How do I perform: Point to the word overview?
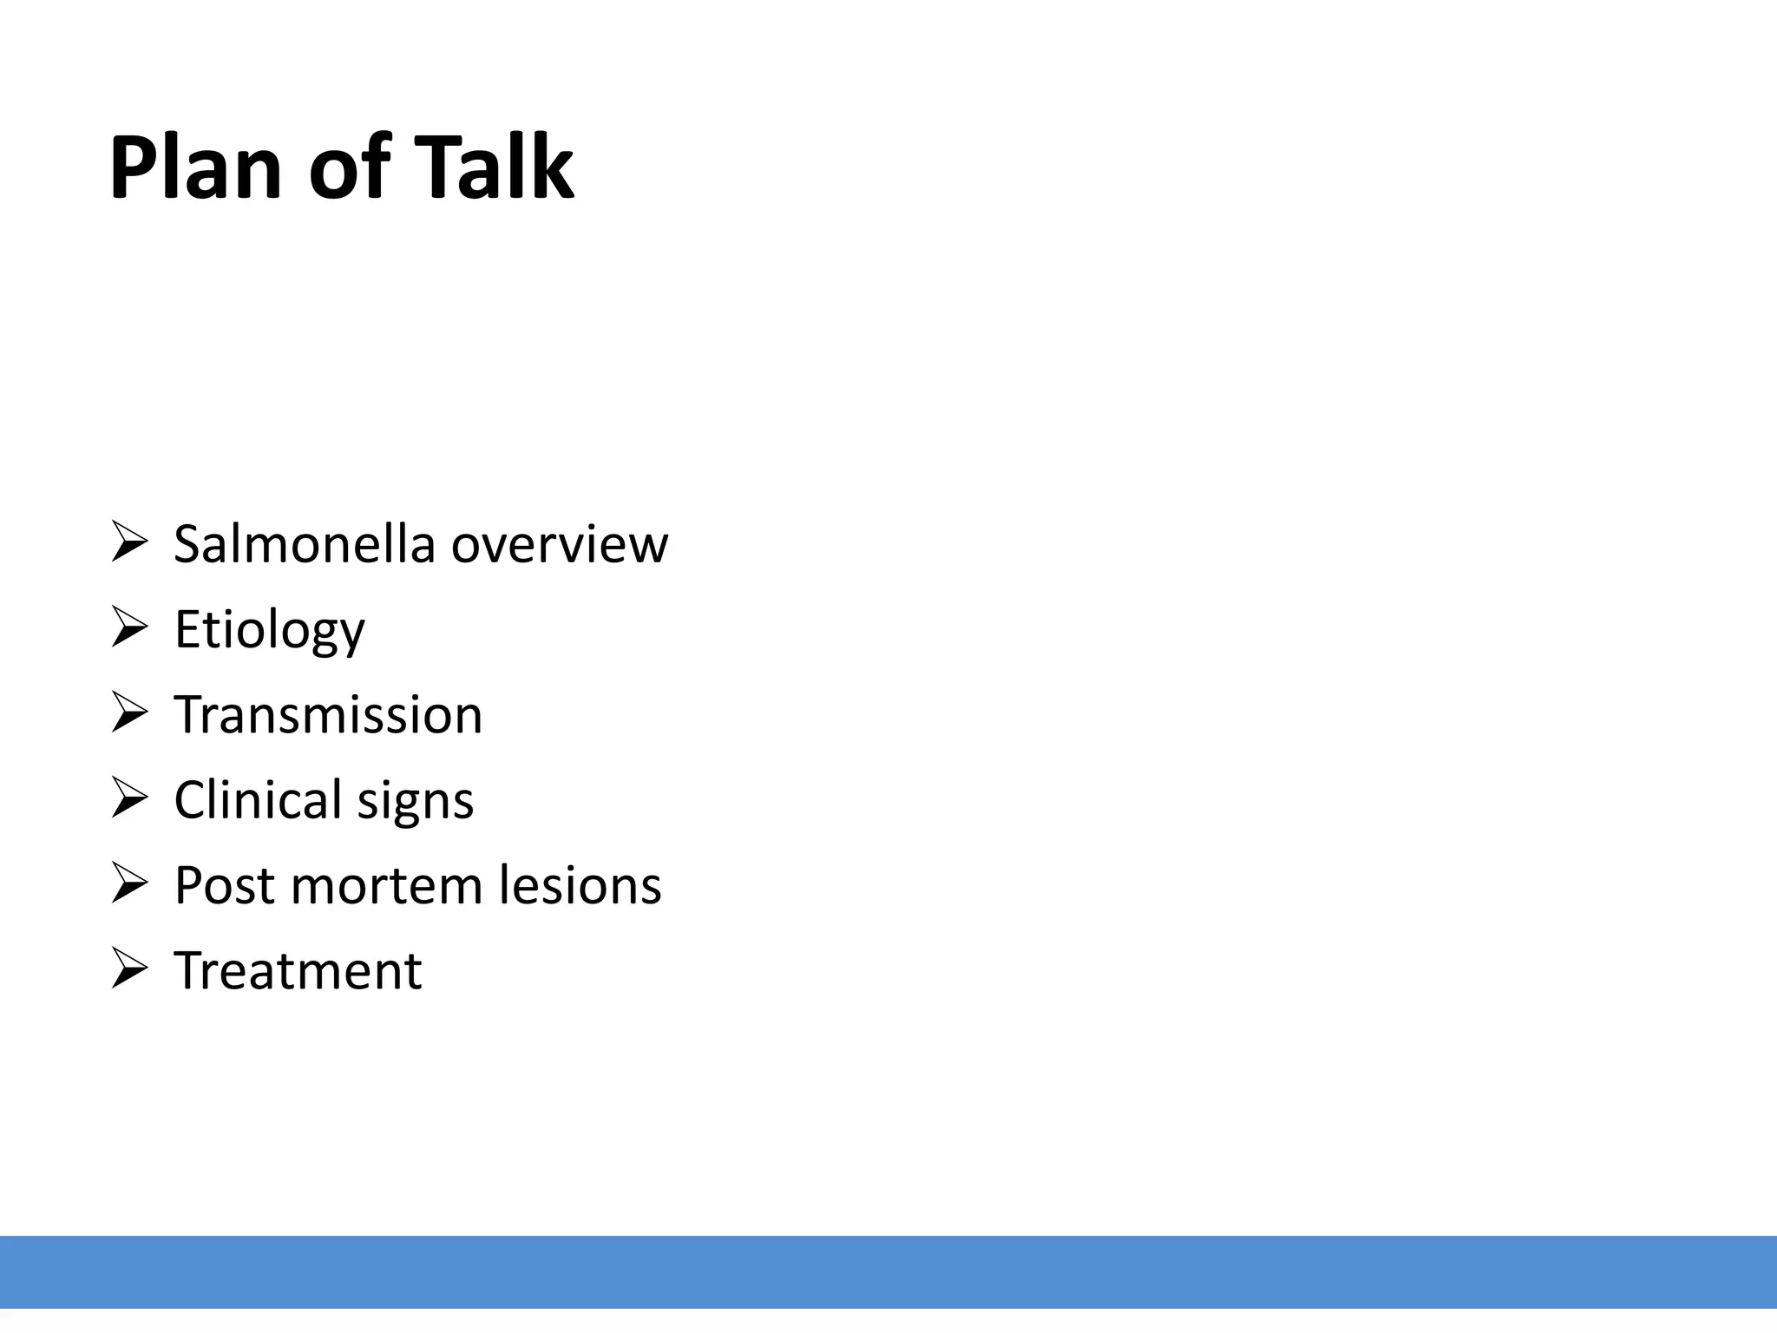tap(560, 544)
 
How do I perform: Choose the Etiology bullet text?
tap(269, 629)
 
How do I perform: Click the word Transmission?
tap(328, 714)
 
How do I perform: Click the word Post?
tap(225, 885)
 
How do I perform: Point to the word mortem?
tap(386, 885)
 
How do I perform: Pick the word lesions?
tap(580, 885)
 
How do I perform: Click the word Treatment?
tap(298, 970)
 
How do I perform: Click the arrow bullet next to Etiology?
tap(129, 627)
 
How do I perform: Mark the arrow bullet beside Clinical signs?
tap(129, 797)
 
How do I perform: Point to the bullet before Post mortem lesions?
tap(129, 883)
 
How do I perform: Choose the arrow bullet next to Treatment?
tap(129, 968)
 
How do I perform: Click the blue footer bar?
tap(888, 1271)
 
